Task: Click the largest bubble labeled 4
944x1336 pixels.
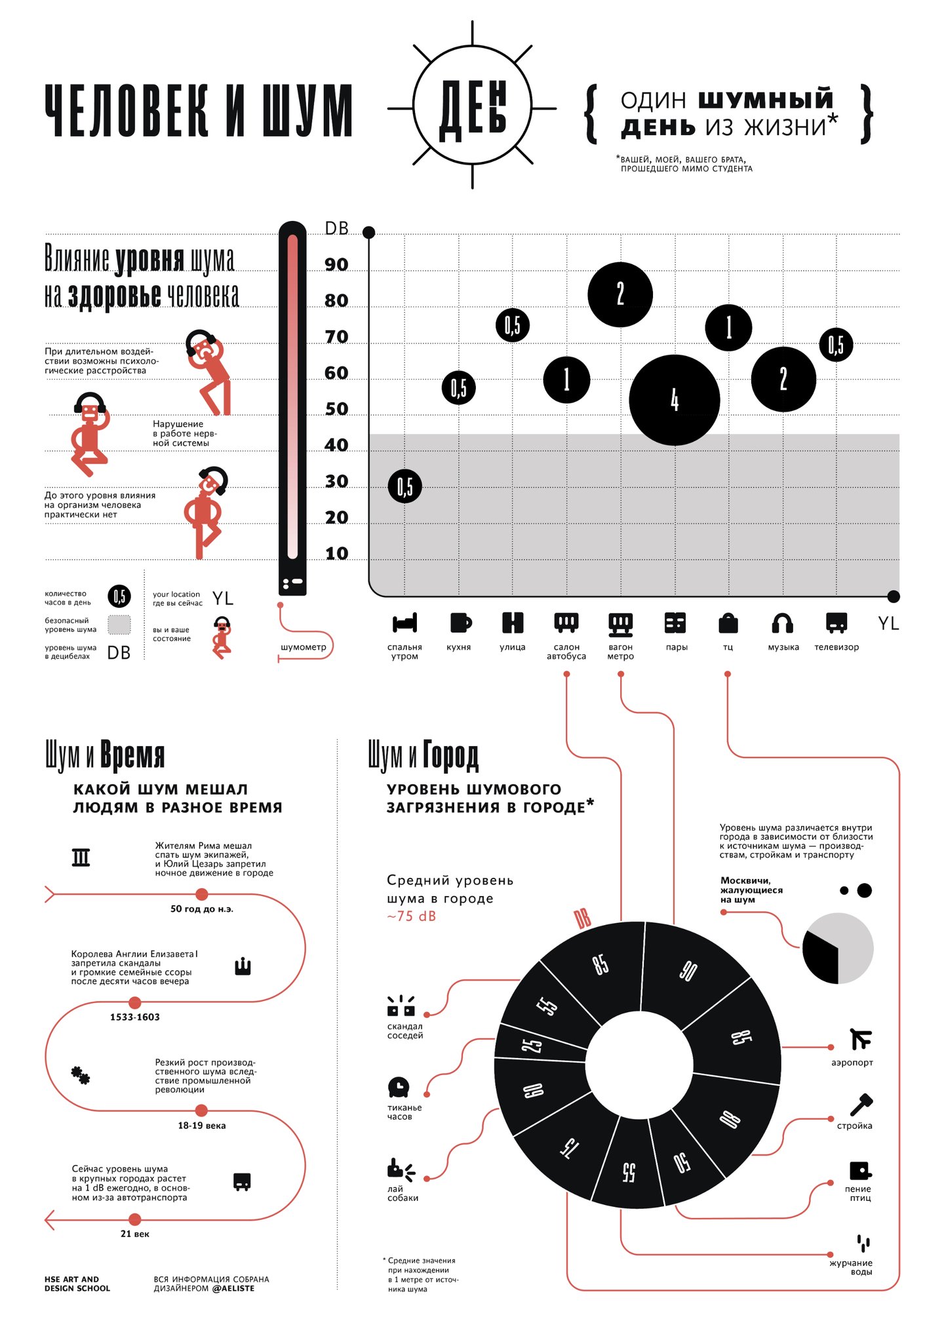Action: click(674, 400)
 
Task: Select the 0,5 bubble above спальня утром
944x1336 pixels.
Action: click(404, 486)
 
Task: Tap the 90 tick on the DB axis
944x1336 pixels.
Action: click(336, 264)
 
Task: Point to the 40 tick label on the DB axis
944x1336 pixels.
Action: click(336, 445)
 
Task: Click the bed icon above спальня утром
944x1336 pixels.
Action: click(404, 623)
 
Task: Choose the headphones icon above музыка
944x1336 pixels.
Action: click(783, 623)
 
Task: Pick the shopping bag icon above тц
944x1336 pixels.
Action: click(728, 623)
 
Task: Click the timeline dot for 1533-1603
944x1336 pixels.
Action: click(134, 1002)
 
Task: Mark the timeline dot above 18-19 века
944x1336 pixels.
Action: click(201, 1110)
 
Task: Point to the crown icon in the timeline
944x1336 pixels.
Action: click(243, 966)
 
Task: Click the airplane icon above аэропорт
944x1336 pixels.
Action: click(860, 1039)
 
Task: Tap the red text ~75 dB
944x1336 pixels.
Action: click(411, 916)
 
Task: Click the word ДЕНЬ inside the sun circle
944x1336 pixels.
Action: click(472, 109)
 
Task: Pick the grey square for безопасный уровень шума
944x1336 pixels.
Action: click(119, 625)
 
